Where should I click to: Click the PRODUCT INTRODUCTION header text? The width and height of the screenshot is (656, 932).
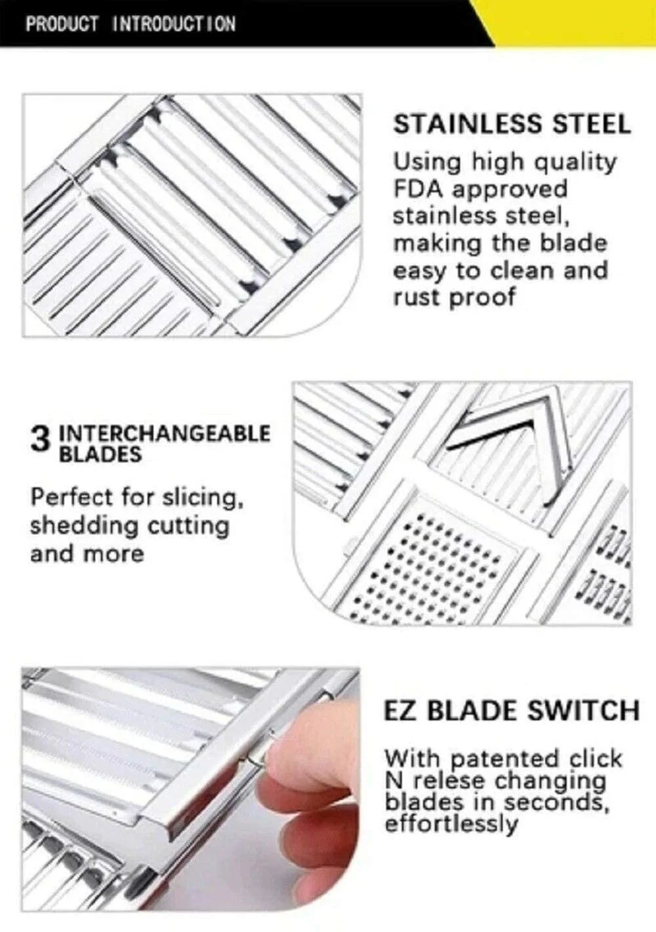[x=131, y=24]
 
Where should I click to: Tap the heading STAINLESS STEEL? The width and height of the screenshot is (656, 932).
[x=512, y=125]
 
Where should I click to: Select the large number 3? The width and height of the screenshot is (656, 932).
[x=40, y=440]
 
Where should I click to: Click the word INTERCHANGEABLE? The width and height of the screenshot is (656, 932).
[x=165, y=434]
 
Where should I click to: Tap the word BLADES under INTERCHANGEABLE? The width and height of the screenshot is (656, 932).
[x=100, y=454]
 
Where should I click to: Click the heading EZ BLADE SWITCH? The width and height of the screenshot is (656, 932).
[x=511, y=710]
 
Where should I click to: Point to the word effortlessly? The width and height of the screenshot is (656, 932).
[x=451, y=823]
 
